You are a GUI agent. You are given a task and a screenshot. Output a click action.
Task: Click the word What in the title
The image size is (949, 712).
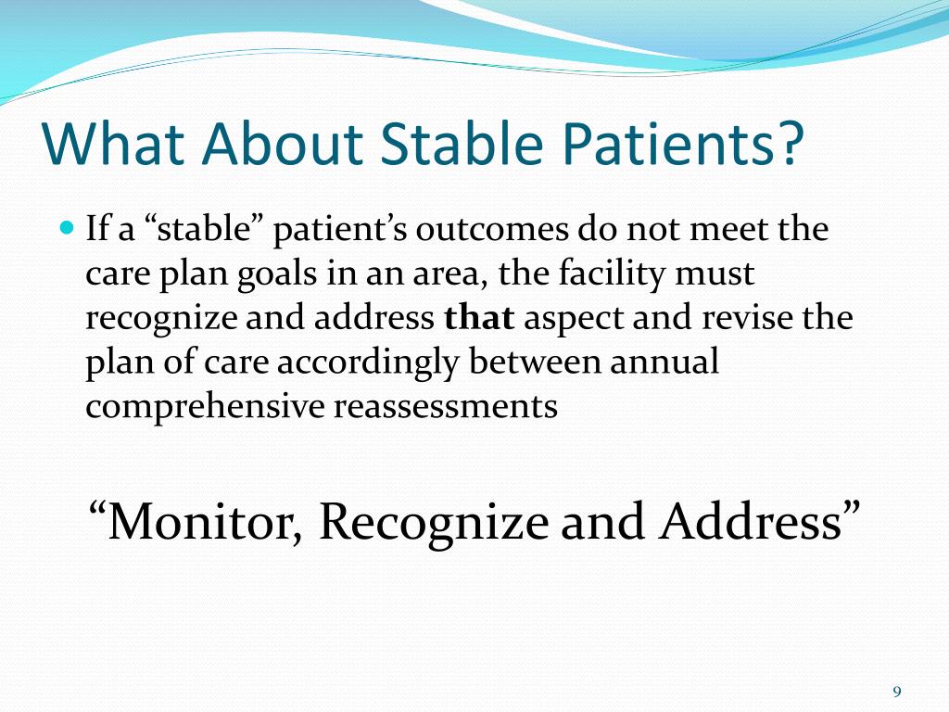tap(113, 143)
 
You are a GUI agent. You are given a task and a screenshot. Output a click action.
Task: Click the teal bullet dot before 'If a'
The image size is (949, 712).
tap(68, 228)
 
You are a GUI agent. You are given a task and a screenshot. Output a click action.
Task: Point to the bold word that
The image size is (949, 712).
tap(479, 317)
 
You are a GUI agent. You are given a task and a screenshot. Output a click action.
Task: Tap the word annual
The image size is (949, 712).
tap(664, 362)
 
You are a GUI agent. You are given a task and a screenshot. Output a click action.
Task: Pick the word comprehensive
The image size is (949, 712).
tap(205, 407)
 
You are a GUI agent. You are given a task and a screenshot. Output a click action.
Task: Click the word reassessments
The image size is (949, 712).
tap(446, 408)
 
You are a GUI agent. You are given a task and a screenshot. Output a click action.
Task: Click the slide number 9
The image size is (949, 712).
tap(897, 692)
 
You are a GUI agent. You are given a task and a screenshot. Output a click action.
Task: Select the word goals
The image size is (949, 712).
tap(276, 274)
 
